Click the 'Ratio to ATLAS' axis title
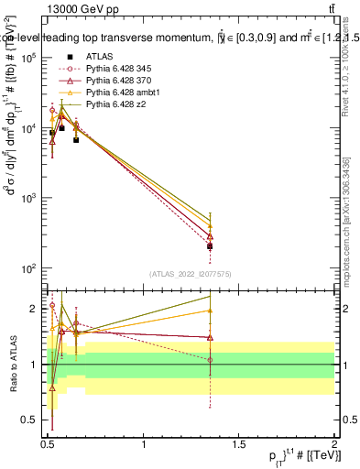click(12, 365)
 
